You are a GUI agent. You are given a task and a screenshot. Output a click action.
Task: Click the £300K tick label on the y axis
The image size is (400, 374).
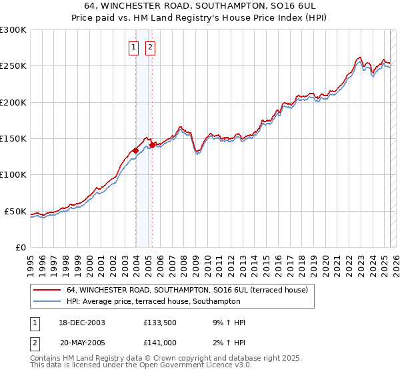point(13,30)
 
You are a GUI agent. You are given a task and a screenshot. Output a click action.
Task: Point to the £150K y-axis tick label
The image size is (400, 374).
point(13,139)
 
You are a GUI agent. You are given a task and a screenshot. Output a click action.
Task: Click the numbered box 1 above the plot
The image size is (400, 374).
point(134,47)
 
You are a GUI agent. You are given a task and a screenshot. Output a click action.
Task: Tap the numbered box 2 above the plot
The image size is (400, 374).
point(150,47)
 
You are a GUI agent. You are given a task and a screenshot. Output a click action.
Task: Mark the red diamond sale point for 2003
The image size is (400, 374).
point(135,151)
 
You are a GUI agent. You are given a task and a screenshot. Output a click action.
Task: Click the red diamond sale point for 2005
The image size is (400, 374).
point(152,145)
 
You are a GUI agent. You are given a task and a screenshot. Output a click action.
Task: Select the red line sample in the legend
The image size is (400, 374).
point(47,291)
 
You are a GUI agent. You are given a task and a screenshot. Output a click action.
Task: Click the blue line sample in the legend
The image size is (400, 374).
point(47,303)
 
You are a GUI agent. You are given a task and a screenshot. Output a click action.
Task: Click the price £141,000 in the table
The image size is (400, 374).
point(159,342)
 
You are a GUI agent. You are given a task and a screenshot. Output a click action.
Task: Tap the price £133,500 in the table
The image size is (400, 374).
point(159,323)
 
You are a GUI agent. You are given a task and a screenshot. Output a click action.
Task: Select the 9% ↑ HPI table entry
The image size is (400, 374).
point(225,323)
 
